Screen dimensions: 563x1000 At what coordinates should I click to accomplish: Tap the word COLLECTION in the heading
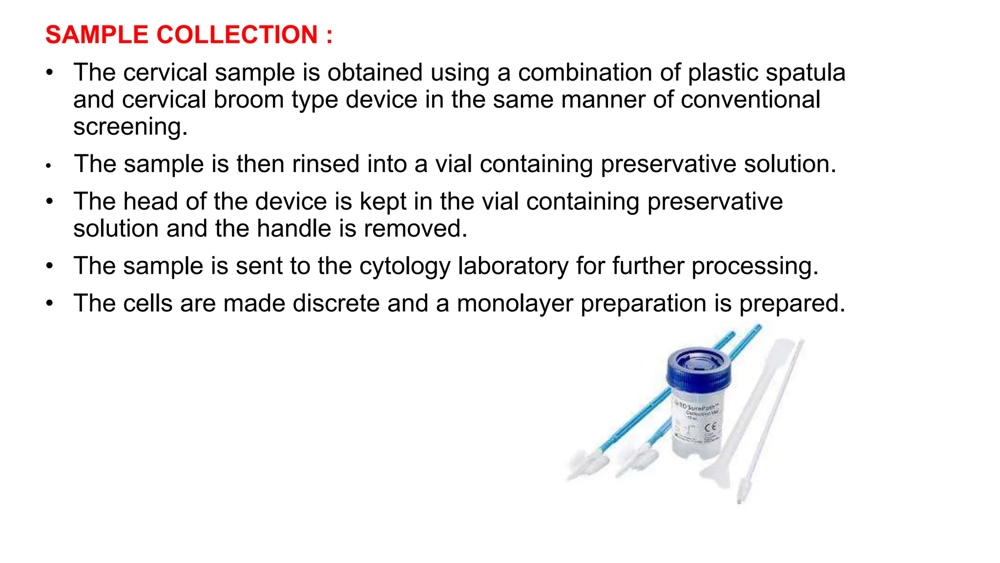click(237, 35)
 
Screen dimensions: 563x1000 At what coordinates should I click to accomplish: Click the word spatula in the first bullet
click(805, 72)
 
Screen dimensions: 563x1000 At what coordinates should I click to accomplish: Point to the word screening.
click(130, 127)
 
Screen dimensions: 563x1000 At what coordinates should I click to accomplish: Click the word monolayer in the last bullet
click(515, 303)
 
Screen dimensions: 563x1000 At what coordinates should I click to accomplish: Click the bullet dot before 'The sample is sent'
click(49, 266)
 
